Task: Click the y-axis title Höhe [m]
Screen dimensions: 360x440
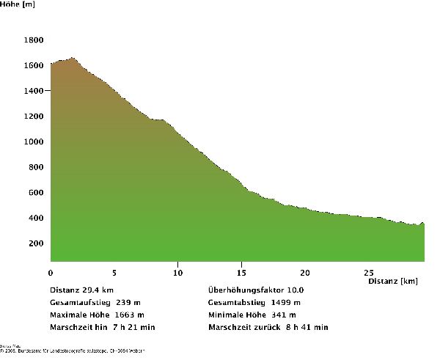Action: [17, 4]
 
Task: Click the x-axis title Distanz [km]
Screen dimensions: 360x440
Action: [393, 281]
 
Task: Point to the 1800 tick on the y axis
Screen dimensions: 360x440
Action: [33, 40]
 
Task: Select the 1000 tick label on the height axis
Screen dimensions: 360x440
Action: [33, 142]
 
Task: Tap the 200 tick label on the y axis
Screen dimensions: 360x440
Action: [35, 243]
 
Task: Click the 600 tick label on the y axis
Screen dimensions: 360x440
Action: [35, 193]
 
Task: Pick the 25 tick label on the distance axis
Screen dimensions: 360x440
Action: [370, 272]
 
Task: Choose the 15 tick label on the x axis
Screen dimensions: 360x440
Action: [242, 272]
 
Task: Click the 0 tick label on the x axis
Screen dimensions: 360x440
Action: [51, 272]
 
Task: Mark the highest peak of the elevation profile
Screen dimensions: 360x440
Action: [73, 57]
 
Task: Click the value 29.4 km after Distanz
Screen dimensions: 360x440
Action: [98, 290]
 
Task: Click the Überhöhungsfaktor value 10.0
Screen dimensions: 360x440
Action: [294, 290]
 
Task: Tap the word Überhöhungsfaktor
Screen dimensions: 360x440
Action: [243, 290]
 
